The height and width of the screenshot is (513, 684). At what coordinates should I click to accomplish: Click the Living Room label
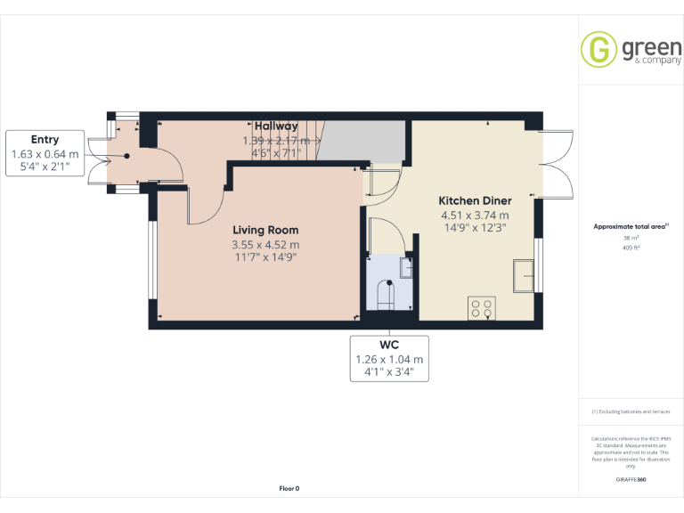pos(265,230)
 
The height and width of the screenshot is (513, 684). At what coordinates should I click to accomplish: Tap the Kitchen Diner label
pos(475,200)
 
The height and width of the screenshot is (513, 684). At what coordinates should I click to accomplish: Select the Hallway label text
pos(276,126)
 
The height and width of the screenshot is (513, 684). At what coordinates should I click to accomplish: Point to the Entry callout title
pos(45,139)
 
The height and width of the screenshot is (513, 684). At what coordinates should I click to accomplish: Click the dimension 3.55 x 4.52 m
pos(265,244)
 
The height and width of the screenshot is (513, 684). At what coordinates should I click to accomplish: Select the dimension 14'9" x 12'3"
pos(475,228)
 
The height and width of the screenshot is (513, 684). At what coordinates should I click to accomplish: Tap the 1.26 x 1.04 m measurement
pos(389,360)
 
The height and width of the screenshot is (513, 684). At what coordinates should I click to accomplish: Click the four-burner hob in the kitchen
pos(482,308)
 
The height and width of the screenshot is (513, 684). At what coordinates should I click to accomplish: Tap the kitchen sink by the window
pos(522,275)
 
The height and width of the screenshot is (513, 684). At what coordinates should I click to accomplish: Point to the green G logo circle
pos(598,49)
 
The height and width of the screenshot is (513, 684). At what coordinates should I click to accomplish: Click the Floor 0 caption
pos(289,488)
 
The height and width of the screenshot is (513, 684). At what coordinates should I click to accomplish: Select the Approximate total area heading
pos(630,226)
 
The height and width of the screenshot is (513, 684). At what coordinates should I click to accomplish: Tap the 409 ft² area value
pos(631,248)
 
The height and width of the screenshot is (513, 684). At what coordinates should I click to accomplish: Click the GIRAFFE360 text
pos(631,480)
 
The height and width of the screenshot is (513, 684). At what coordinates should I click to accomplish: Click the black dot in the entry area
pos(126,156)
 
